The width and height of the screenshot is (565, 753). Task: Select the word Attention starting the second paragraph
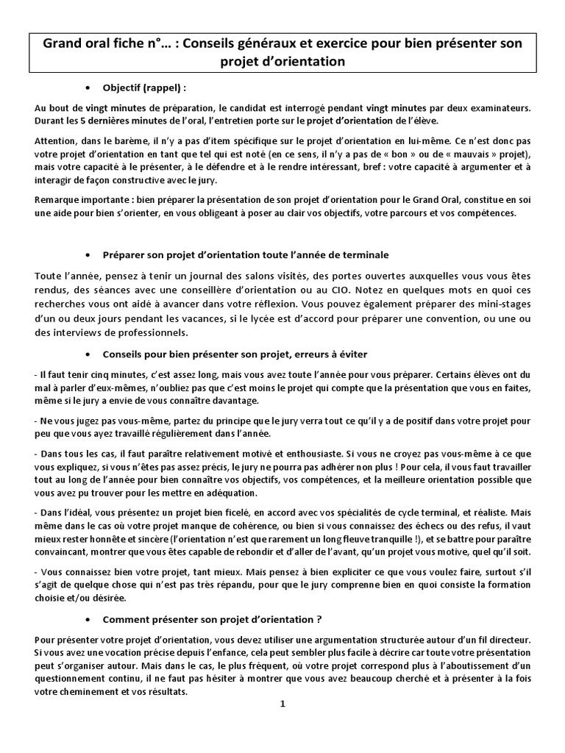[x=57, y=140]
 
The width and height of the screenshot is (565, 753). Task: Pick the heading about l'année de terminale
[x=246, y=254]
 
